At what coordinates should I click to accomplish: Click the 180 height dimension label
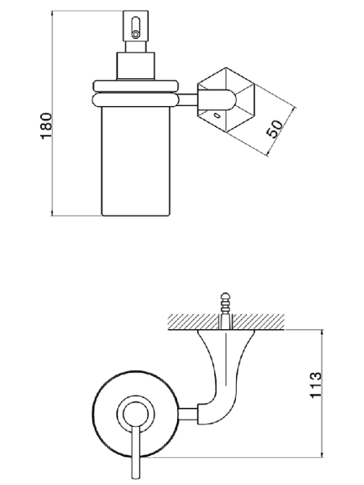pos(47,126)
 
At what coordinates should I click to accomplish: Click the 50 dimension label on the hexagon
pos(275,129)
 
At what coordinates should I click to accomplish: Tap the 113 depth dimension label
pos(316,385)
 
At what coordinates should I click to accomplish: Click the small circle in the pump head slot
pos(136,34)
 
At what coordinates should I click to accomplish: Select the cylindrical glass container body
pos(136,161)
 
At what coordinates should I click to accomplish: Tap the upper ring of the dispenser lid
pos(136,85)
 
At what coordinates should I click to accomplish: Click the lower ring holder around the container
pos(136,100)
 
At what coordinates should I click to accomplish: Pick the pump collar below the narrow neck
pos(136,66)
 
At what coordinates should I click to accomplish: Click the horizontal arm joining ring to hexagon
pos(188,100)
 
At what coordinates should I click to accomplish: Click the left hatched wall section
pos(193,321)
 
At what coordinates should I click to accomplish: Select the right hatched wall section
pos(258,321)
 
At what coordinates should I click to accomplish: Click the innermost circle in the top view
pos(136,413)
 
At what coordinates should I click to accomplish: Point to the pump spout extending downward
pos(136,454)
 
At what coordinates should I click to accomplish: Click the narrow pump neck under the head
pos(136,47)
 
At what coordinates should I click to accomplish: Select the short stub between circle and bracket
pos(188,415)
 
